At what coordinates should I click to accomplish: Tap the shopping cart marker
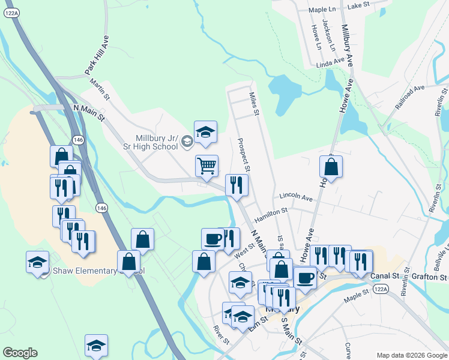206,165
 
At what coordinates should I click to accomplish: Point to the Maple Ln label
322,10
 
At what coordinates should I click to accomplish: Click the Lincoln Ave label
297,197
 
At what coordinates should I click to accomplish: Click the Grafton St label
430,277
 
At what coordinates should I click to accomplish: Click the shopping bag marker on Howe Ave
330,167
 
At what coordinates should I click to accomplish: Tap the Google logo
20,353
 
